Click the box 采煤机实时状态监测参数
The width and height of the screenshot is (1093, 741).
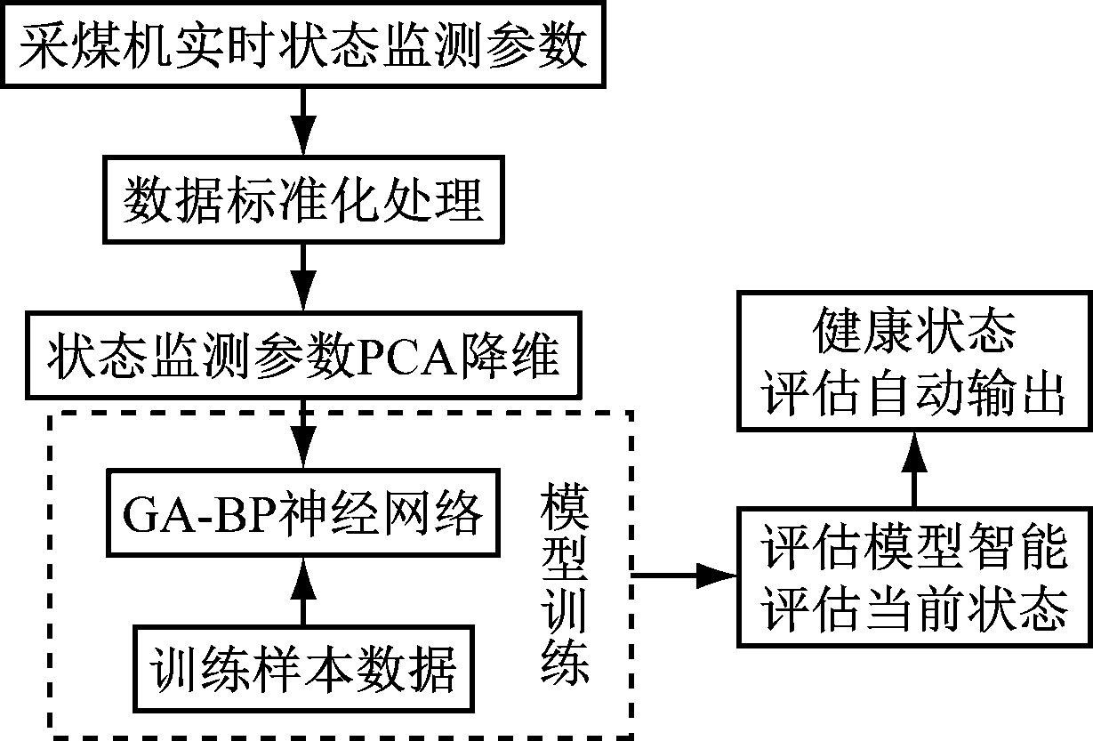[x=302, y=45]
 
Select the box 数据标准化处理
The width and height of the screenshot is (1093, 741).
[x=302, y=200]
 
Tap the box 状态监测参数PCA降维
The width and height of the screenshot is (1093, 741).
[x=302, y=356]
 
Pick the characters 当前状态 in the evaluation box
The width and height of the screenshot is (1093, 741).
[x=969, y=610]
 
